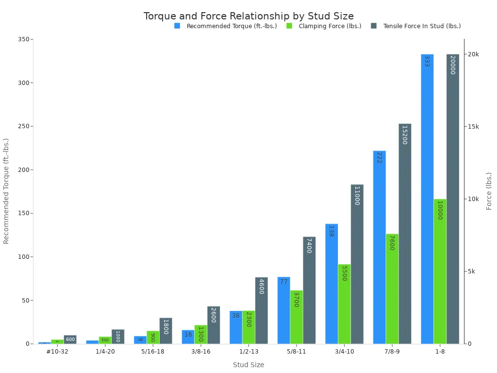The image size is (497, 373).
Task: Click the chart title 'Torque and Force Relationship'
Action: [x=248, y=16]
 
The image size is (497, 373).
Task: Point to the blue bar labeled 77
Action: [x=283, y=310]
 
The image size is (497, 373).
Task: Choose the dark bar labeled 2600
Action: [x=214, y=325]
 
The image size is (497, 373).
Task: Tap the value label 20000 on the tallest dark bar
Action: [x=452, y=65]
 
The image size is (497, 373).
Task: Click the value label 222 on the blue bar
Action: [x=379, y=157]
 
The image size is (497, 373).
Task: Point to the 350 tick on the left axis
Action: [x=22, y=39]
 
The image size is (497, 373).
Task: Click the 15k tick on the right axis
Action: [x=472, y=127]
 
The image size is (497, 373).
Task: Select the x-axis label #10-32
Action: [x=57, y=352]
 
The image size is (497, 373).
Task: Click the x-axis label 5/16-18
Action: [x=153, y=352]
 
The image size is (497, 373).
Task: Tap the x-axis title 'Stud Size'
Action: [x=248, y=365]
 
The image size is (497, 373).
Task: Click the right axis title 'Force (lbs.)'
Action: [x=489, y=191]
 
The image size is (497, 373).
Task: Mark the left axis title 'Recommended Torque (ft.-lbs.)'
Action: [x=6, y=191]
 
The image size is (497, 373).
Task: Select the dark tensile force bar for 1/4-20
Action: [x=118, y=337]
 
